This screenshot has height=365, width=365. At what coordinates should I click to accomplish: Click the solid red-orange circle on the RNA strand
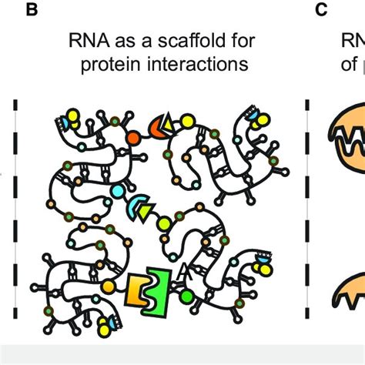[133, 137]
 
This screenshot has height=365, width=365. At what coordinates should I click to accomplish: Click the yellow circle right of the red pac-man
[185, 122]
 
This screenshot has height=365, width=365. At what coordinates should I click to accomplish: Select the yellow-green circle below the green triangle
[164, 223]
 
